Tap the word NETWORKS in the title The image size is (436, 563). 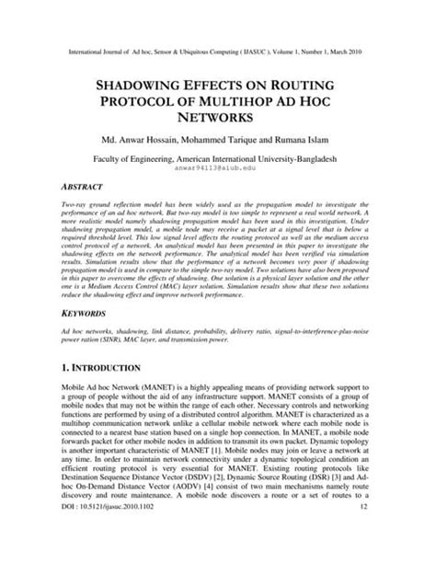(x=217, y=118)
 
